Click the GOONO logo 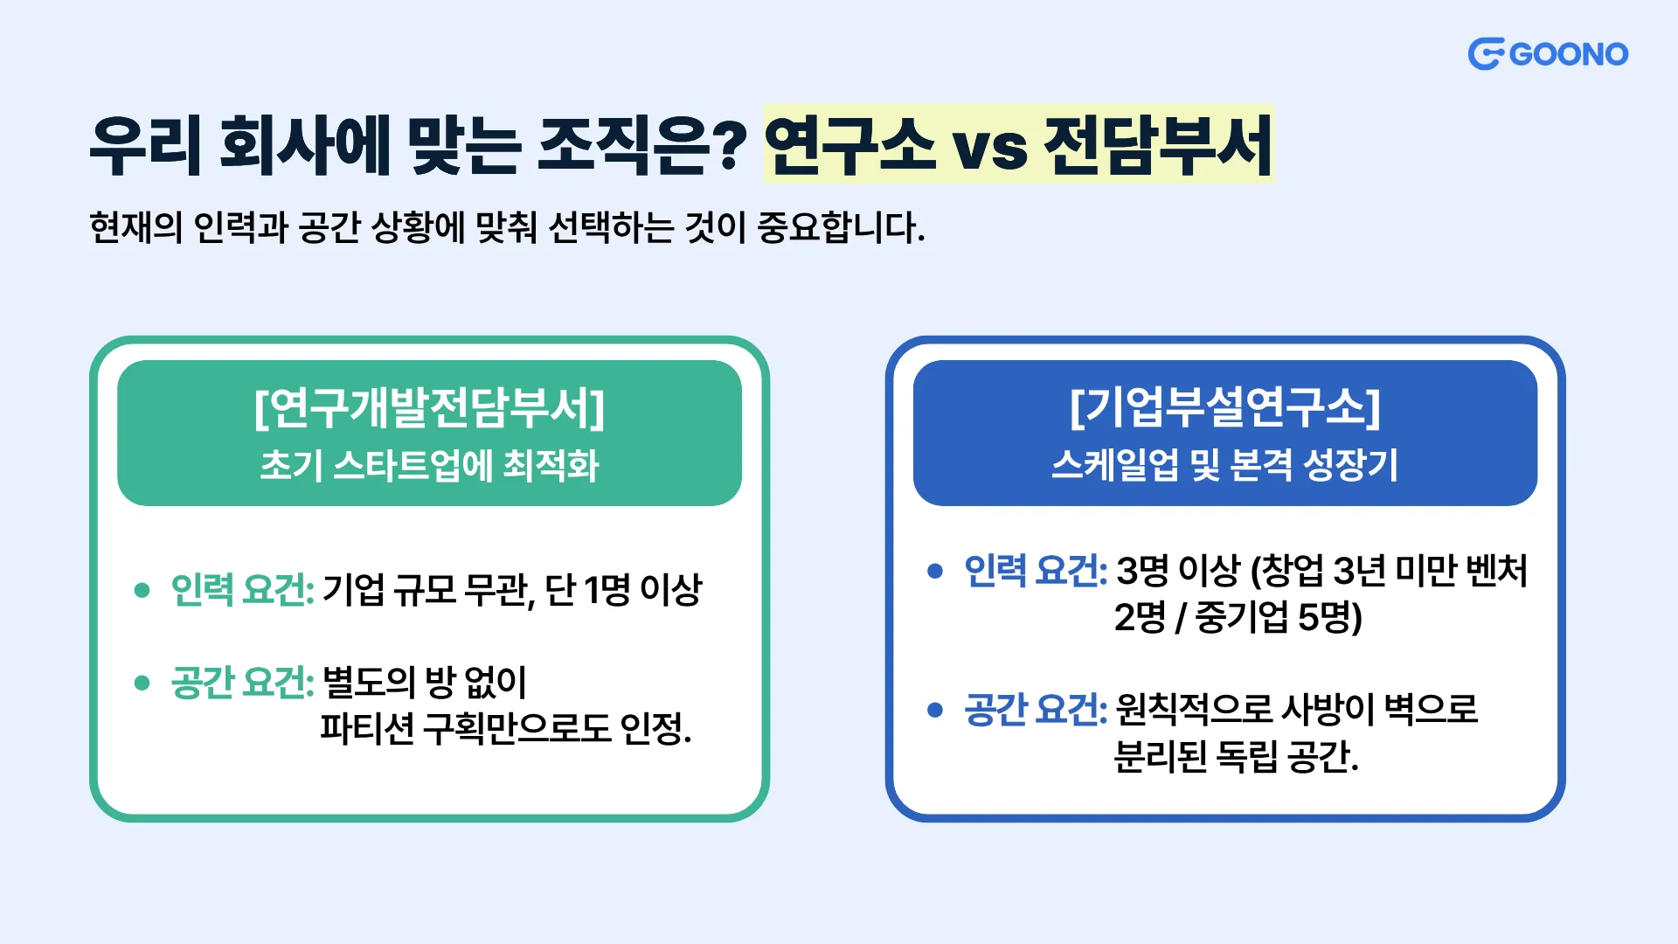click(1548, 54)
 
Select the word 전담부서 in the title click(1158, 144)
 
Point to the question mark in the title click(728, 145)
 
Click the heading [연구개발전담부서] click(429, 407)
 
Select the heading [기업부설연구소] click(1225, 407)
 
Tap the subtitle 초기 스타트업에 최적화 click(429, 465)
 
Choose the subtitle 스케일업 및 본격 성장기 click(1225, 465)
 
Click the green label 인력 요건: click(242, 589)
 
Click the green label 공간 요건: click(242, 682)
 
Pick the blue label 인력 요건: click(1036, 571)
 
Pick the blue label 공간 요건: click(1036, 709)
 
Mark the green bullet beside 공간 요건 click(142, 683)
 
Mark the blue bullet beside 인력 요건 click(935, 572)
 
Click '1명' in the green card click(607, 589)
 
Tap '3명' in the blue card click(1142, 571)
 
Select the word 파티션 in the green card click(367, 727)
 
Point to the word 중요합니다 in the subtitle click(841, 227)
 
